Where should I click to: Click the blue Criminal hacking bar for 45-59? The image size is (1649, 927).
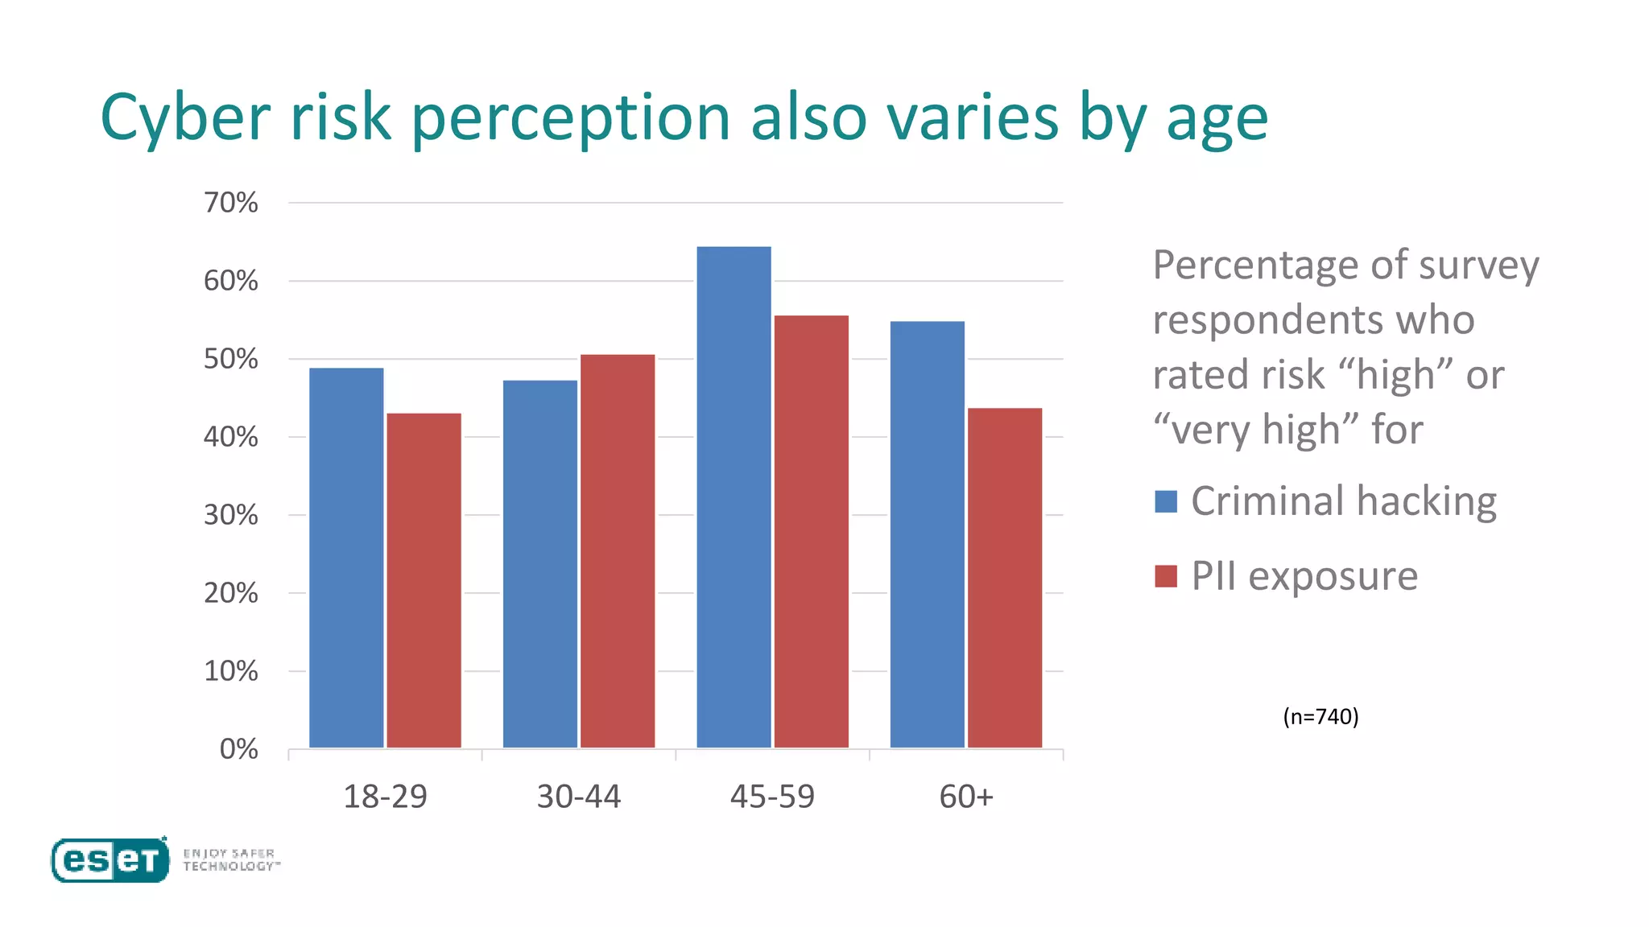734,497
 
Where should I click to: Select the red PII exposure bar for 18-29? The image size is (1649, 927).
424,580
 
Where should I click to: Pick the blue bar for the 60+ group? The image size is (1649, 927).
927,534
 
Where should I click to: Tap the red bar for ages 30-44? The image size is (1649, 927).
618,551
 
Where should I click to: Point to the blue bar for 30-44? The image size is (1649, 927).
539,563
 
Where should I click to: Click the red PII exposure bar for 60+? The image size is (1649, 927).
1004,578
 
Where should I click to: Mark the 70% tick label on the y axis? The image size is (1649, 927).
231,203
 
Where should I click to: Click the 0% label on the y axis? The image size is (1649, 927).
238,749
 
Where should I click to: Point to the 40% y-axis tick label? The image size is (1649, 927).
231,437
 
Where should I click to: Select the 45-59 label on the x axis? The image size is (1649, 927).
772,797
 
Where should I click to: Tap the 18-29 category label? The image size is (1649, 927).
385,797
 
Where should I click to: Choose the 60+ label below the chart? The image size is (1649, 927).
966,797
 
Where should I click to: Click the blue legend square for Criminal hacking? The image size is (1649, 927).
1165,501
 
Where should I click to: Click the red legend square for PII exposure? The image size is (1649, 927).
1165,576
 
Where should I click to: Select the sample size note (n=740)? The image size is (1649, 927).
1320,716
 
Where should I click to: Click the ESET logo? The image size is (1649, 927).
110,860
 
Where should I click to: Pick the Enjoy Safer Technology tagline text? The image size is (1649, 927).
230,859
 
